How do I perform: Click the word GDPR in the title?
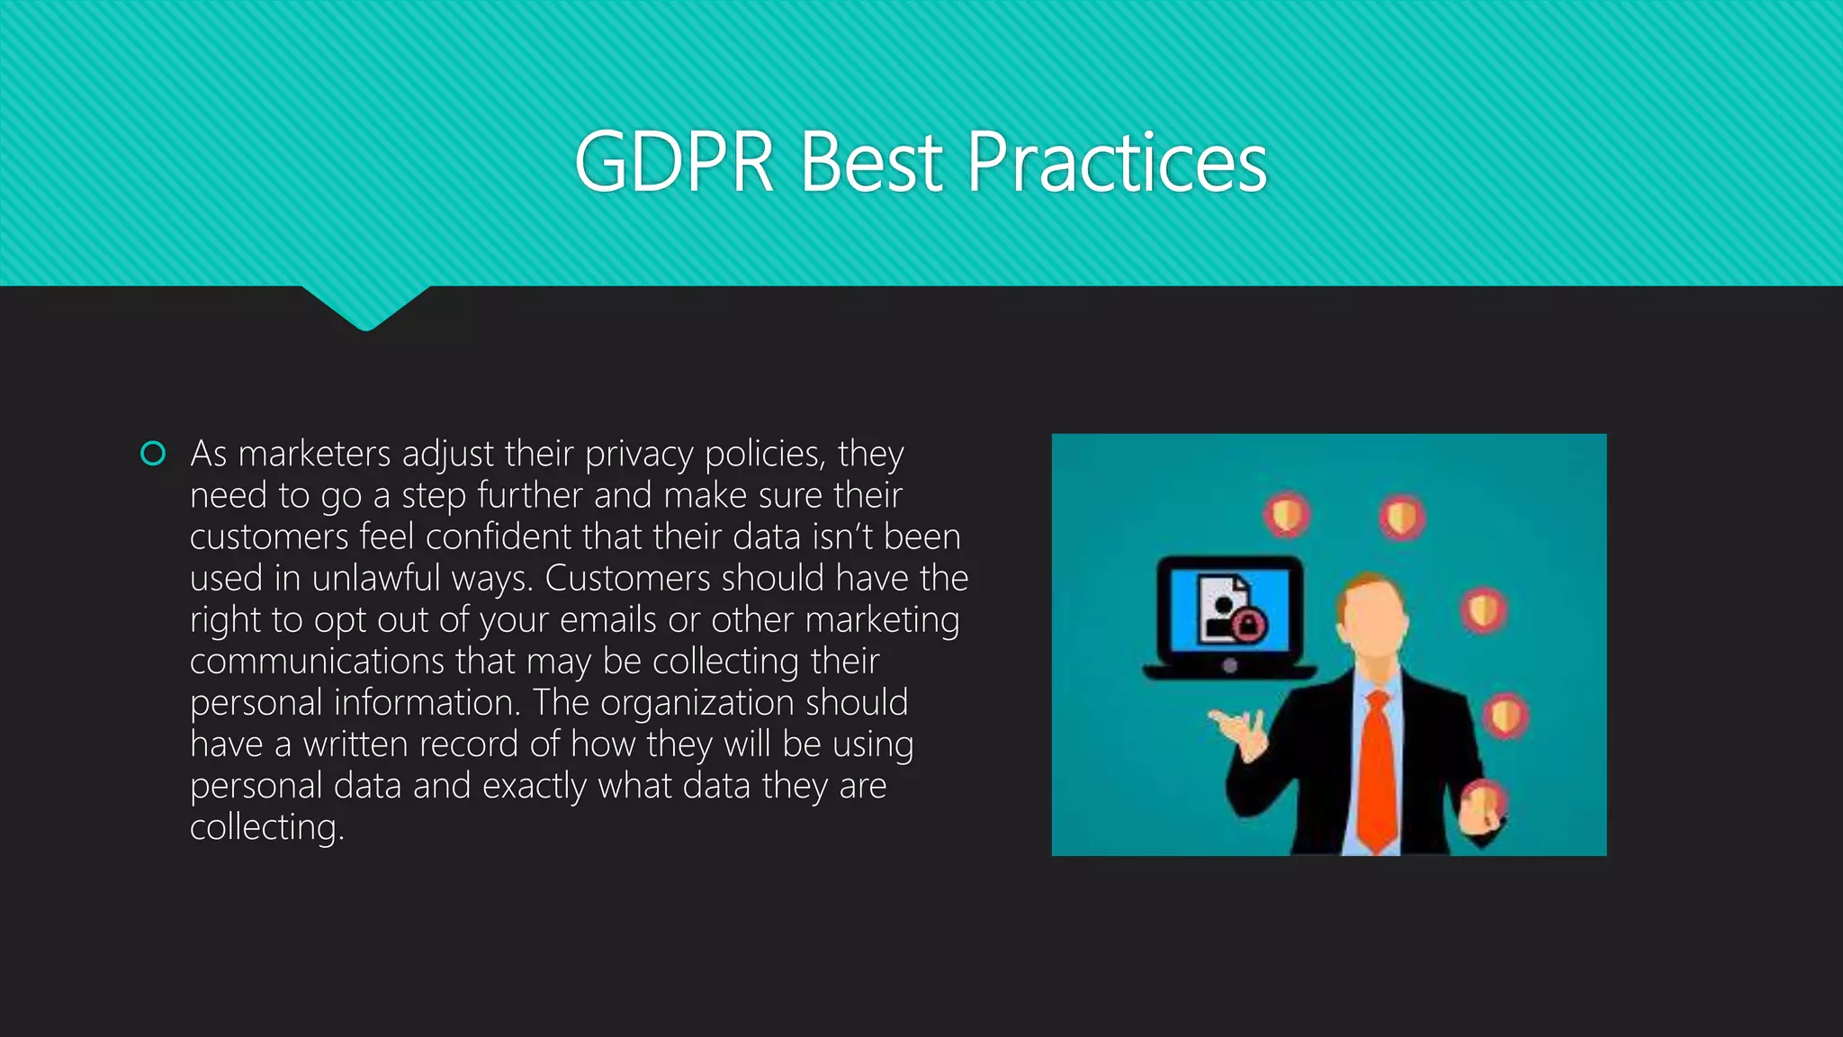coord(674,163)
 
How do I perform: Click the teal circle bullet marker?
coord(153,454)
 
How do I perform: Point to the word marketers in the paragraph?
coord(314,454)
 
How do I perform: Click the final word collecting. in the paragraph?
coord(266,827)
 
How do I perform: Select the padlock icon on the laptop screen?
coord(1249,624)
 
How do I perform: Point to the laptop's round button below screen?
coord(1230,666)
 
